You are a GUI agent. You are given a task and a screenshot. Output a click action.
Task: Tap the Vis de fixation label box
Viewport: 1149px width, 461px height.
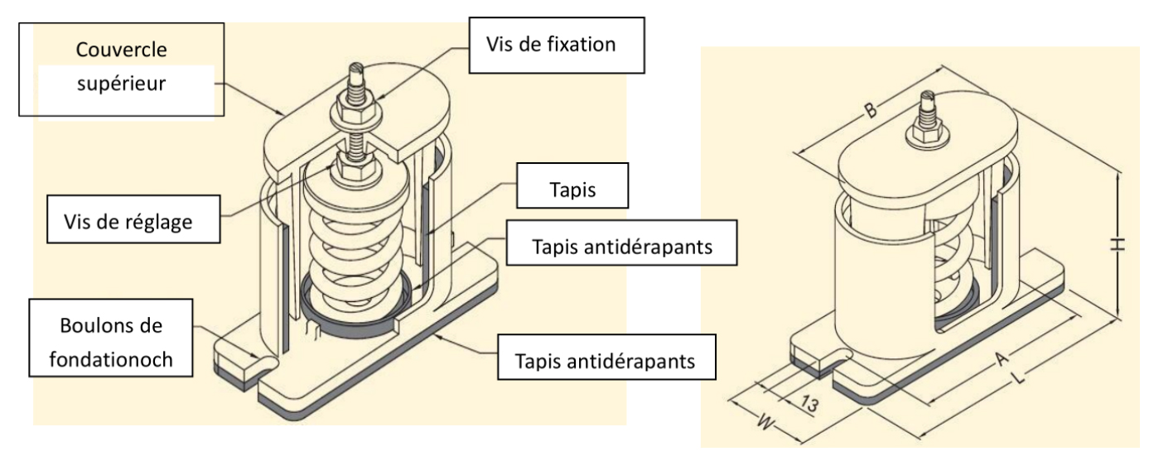[x=555, y=44]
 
